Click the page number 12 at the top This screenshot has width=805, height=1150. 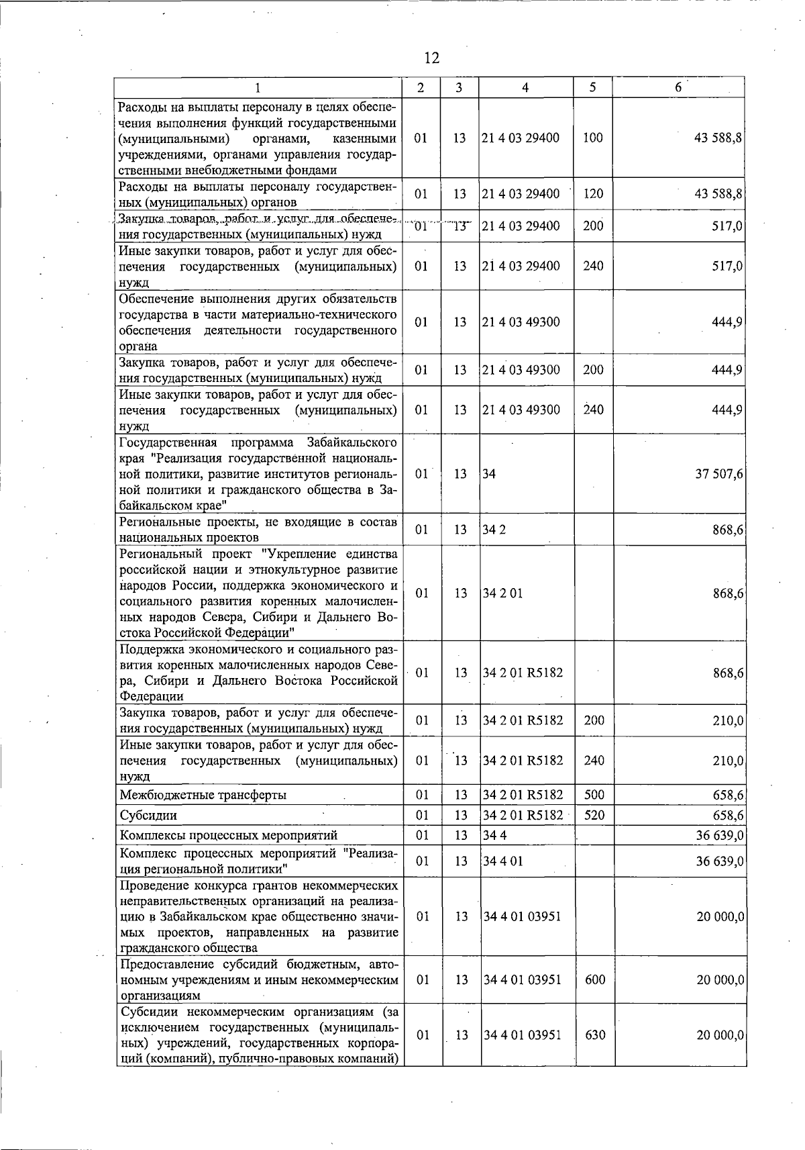[x=431, y=58]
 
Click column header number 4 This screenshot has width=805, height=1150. [x=525, y=88]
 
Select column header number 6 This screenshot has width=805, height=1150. [x=678, y=88]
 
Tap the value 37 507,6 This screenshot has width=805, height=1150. [x=718, y=474]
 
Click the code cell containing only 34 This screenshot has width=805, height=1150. [x=490, y=474]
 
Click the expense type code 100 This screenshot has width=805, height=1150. [x=592, y=138]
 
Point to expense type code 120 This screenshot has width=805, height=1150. [x=592, y=194]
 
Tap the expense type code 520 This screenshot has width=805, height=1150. [x=594, y=816]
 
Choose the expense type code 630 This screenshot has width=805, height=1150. [x=595, y=1035]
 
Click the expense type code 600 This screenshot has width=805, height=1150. [x=595, y=980]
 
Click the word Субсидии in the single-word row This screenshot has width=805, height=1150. [x=148, y=816]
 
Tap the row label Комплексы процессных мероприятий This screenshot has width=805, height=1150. [x=228, y=835]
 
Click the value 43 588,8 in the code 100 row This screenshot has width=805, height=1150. [x=718, y=138]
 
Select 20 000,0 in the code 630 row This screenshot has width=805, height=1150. [x=720, y=1035]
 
